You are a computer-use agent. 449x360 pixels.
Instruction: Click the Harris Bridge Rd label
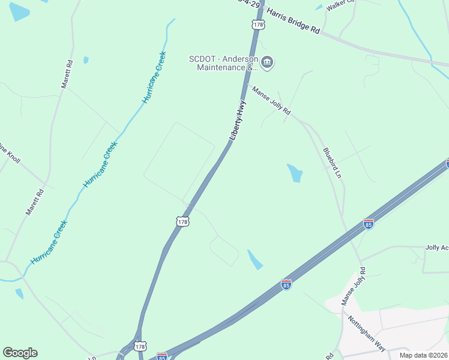coord(293,21)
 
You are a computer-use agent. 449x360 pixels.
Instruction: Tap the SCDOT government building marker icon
coord(268,62)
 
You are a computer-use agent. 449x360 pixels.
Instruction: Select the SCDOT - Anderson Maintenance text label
coord(223,63)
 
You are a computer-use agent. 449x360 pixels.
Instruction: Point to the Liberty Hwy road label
coord(238,121)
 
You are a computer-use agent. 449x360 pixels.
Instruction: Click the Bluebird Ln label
coord(332,163)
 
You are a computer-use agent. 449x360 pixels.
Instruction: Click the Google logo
coord(20,353)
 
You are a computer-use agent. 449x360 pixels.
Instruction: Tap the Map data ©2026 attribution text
coord(424,355)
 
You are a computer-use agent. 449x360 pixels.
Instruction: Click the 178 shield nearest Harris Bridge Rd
coord(258,24)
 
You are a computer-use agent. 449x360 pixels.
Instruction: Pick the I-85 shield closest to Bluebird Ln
coord(369,224)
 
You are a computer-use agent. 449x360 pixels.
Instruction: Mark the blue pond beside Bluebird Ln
coord(295,173)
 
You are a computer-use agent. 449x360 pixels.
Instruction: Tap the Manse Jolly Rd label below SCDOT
coord(271,101)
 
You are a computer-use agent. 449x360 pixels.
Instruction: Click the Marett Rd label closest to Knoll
coord(35,202)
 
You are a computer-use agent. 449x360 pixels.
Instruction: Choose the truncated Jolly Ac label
coord(436,247)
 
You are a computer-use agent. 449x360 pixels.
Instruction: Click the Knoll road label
coord(11,155)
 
